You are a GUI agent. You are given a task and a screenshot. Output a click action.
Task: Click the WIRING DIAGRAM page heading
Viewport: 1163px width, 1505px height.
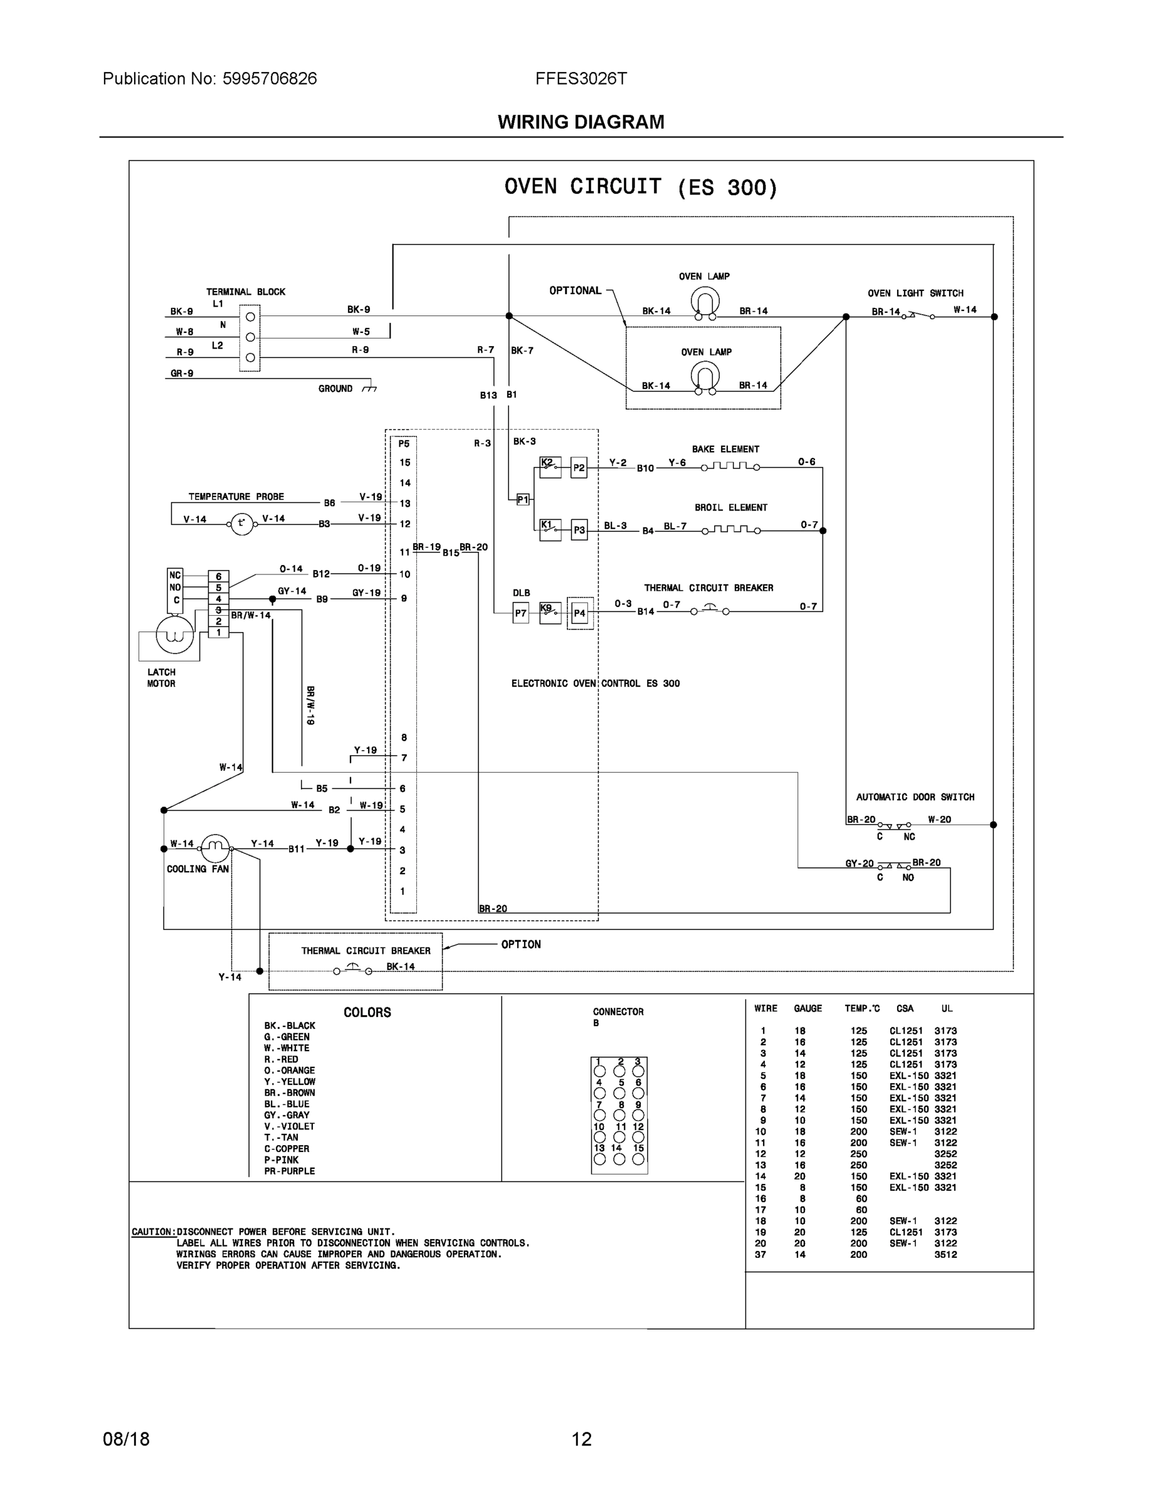click(581, 122)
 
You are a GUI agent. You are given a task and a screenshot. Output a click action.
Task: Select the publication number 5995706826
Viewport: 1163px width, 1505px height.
click(270, 78)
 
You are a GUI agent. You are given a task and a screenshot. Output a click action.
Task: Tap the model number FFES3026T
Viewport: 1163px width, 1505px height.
click(581, 78)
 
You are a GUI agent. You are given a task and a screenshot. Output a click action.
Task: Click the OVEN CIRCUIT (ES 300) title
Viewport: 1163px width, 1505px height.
click(640, 187)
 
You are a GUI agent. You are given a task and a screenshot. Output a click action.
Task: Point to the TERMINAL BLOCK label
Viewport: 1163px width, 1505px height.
click(245, 292)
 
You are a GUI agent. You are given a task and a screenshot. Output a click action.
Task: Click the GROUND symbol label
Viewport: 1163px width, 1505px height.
click(335, 389)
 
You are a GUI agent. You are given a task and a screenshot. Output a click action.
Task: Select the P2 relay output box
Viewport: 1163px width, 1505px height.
click(579, 468)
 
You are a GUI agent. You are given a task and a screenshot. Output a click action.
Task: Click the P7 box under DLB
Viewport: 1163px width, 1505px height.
click(521, 613)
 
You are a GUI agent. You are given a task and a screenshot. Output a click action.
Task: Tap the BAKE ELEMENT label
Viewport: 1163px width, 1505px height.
click(725, 449)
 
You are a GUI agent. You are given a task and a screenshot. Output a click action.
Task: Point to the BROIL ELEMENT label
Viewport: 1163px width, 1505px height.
click(730, 508)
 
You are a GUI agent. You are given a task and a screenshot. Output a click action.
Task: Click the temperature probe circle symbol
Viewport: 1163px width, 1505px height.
click(241, 524)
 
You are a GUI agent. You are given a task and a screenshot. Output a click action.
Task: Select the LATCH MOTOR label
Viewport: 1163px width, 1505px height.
click(161, 678)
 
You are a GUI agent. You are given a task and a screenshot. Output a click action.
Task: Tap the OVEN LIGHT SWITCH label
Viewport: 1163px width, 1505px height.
click(915, 293)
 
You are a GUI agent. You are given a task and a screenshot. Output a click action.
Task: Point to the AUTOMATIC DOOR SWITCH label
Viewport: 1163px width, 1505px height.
click(914, 797)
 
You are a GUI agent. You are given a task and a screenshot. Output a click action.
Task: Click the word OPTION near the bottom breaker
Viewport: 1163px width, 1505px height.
click(521, 945)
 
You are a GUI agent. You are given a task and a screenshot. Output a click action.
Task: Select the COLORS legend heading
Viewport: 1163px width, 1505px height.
click(367, 1012)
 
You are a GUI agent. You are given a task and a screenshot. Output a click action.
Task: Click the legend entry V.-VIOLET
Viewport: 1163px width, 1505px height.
click(290, 1126)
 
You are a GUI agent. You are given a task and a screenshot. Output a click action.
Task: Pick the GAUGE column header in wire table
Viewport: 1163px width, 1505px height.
click(808, 1009)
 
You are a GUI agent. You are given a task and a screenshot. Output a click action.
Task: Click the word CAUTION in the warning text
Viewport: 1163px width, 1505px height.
click(152, 1232)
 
